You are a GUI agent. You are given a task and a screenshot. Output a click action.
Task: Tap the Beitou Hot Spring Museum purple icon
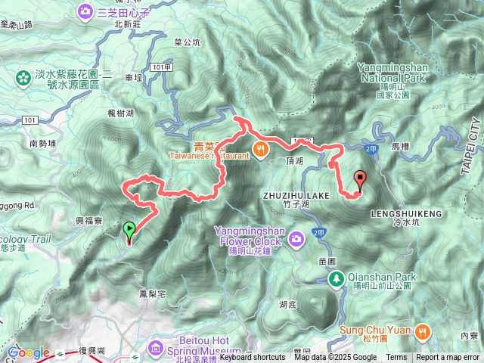click(156, 347)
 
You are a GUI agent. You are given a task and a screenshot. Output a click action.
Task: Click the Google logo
click(28, 352)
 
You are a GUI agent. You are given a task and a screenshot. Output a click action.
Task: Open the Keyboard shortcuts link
click(253, 358)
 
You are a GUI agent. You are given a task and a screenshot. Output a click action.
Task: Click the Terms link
click(396, 358)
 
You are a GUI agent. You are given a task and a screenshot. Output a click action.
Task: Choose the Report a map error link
click(448, 358)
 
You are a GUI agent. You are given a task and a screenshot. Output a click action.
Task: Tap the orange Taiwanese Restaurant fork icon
click(260, 149)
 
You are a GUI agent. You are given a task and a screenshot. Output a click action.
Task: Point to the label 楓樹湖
click(120, 113)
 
